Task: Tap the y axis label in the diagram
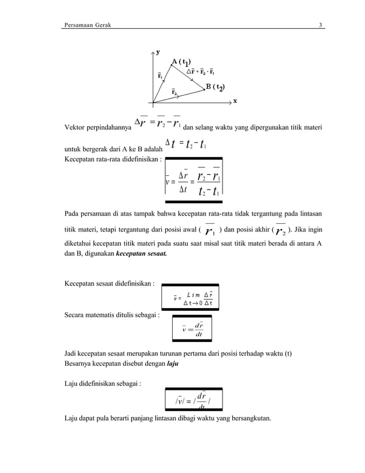(x=158, y=52)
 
